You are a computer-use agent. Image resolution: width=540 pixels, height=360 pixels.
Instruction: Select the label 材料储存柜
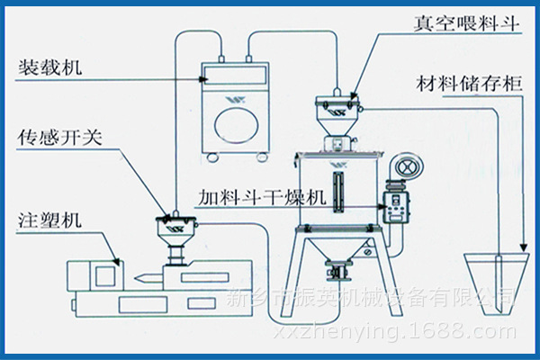tap(467, 84)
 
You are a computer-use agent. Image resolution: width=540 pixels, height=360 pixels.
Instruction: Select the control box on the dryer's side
tap(395, 205)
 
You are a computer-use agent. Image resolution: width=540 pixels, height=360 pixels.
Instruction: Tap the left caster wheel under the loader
tap(212, 158)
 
